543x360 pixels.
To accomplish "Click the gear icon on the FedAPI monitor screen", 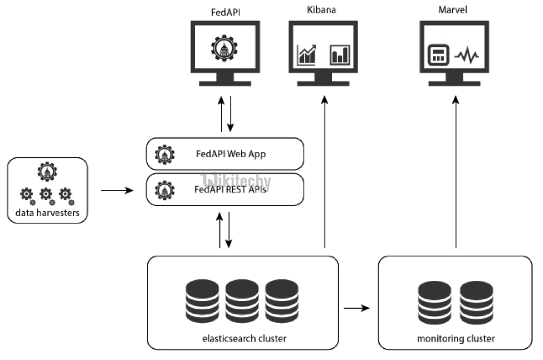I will click(225, 47).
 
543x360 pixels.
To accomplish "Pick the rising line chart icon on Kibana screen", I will click(307, 54).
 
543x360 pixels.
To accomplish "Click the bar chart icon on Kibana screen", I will click(339, 54).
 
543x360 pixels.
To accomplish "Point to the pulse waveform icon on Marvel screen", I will click(467, 56).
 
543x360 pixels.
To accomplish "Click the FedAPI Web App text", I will click(231, 154).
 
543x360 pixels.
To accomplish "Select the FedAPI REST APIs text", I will click(230, 189).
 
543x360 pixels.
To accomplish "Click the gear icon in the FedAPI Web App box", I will click(165, 154).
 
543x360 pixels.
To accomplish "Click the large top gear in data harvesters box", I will click(47, 171).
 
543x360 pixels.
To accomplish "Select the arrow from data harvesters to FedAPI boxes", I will click(117, 191).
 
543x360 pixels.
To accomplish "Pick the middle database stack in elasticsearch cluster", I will click(242, 299).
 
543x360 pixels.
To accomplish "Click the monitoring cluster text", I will click(456, 338).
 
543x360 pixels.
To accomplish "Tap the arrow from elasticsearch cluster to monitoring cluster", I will click(357, 308).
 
